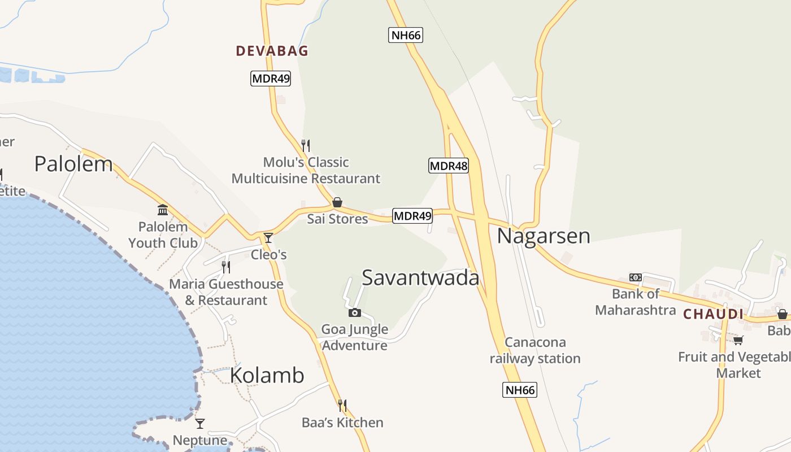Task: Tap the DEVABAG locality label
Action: coord(272,51)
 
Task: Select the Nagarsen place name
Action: coord(544,236)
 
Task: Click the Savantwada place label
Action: coord(420,277)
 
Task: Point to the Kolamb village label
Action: coord(267,375)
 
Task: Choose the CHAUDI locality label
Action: coord(713,314)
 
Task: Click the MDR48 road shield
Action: coord(449,166)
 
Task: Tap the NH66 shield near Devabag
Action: coord(406,35)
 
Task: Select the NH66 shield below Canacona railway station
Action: coord(519,389)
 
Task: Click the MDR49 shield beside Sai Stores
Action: coord(412,215)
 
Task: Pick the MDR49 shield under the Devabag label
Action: coord(271,79)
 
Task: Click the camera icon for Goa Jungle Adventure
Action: coord(355,312)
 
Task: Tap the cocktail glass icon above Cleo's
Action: coord(268,238)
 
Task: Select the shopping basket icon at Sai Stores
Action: coord(337,202)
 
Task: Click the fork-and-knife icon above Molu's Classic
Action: coord(306,145)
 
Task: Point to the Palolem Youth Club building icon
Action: coord(163,210)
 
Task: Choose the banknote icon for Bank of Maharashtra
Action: coord(636,277)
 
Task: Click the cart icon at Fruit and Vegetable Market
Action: coord(738,340)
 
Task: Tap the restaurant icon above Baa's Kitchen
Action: coord(342,405)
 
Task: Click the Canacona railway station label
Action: coord(534,350)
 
